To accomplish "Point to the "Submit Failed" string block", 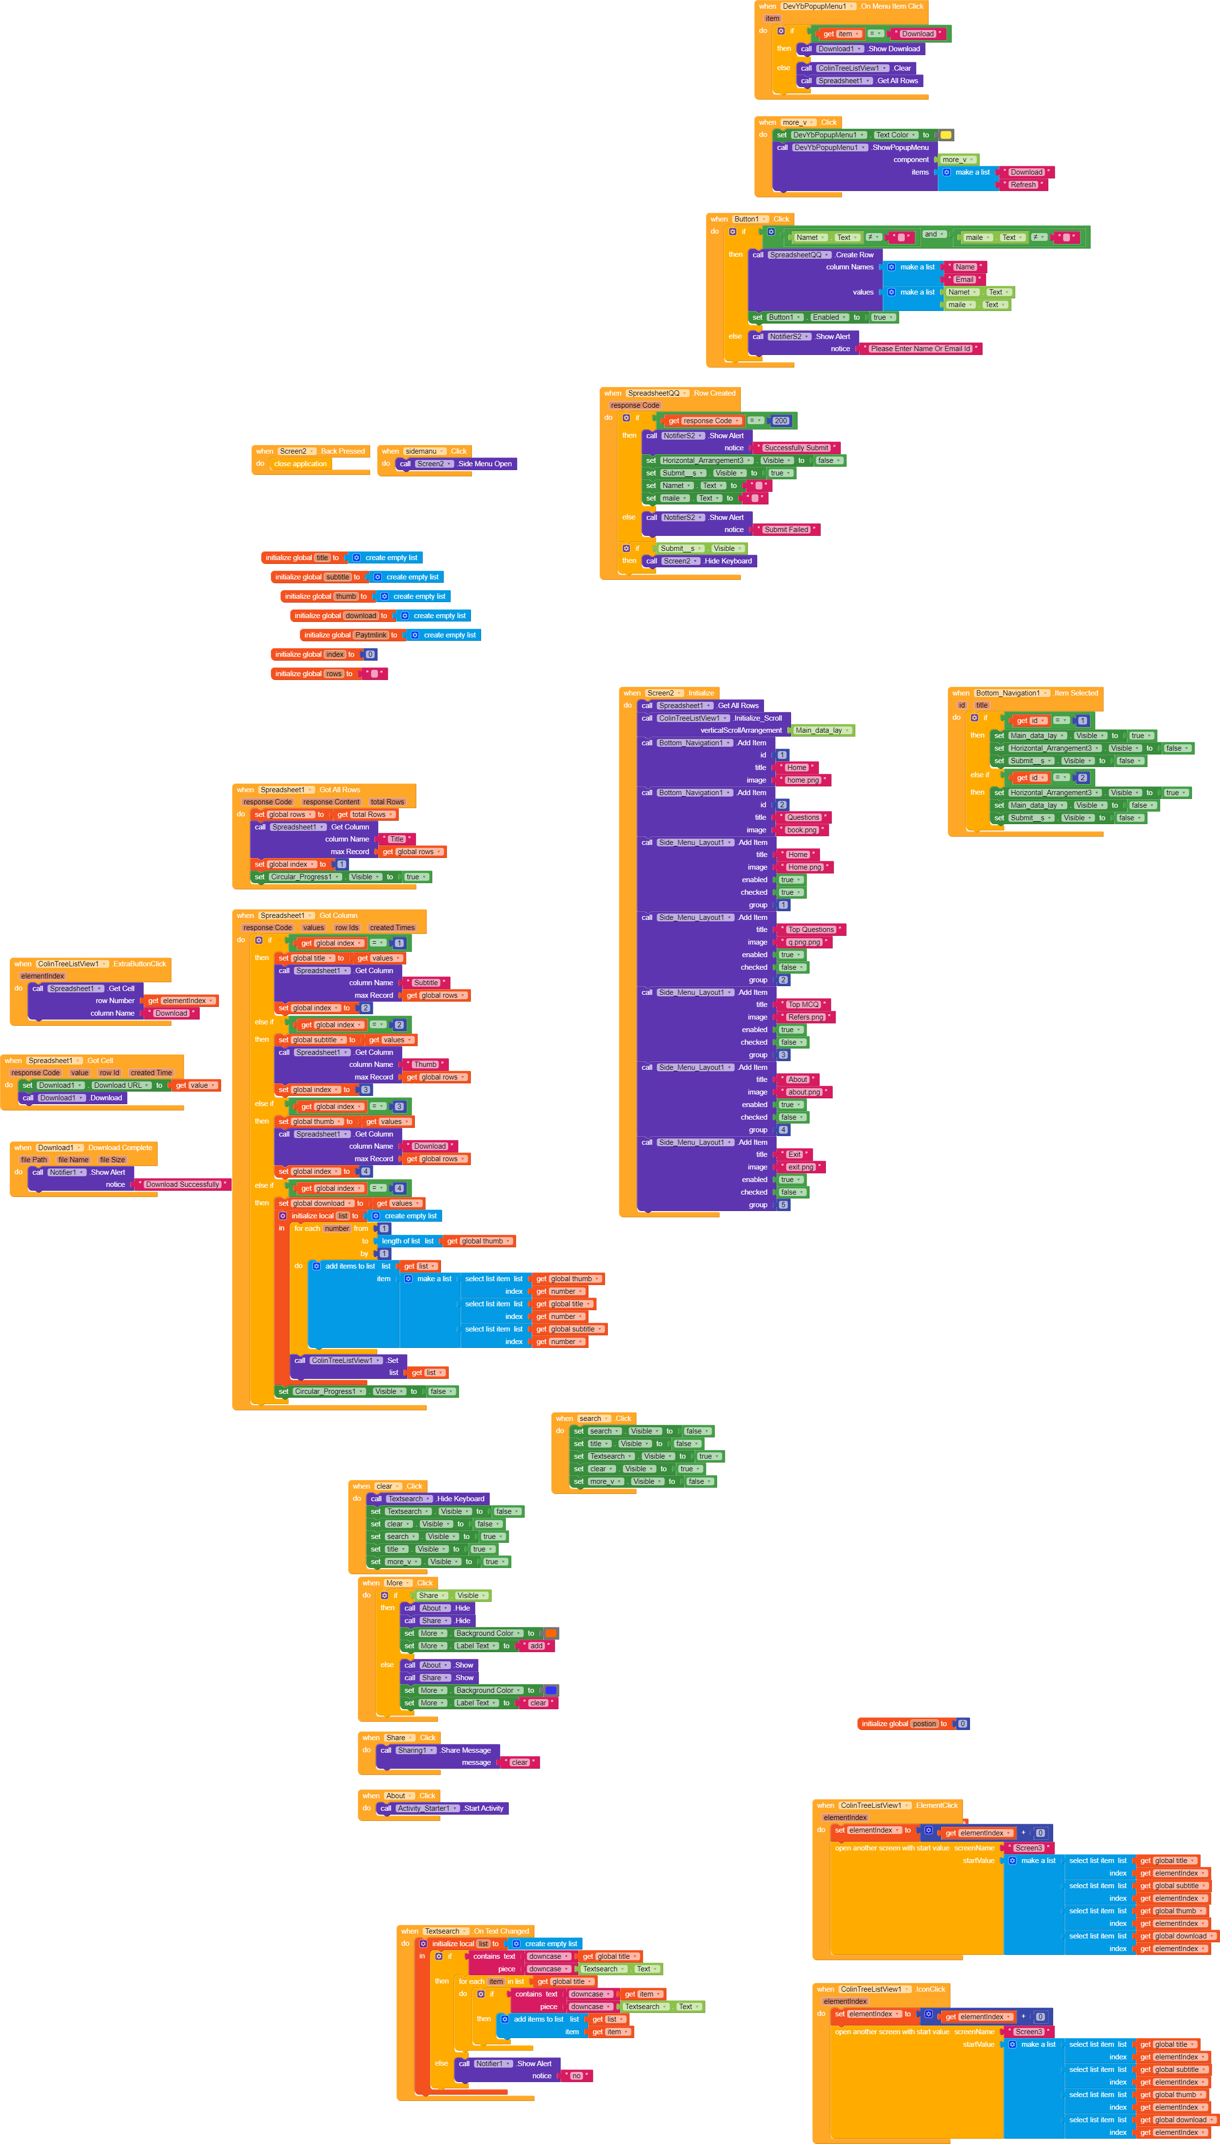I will click(786, 530).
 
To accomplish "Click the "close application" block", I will click(300, 464).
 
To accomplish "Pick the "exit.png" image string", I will click(800, 1167).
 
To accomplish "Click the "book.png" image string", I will click(801, 830).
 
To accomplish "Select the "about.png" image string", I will click(804, 1093).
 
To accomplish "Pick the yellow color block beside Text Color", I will click(945, 135).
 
